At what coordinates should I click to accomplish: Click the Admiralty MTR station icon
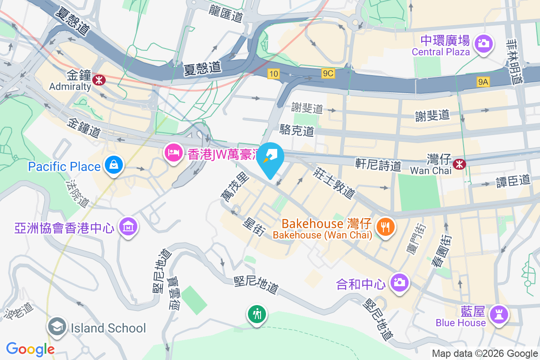pos(98,80)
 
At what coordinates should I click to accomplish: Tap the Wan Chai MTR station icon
pos(460,164)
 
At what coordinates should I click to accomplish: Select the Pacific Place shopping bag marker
pos(114,165)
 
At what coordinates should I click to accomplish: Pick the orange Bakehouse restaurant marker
pos(385,226)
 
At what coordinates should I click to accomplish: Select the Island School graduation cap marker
pos(57,328)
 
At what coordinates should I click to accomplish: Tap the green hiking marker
pos(257,314)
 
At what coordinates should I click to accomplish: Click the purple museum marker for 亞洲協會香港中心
pos(129,228)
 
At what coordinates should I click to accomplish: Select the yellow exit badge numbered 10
pos(273,74)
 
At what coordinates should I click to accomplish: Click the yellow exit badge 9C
pos(328,73)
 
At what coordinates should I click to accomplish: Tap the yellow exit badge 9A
pos(483,81)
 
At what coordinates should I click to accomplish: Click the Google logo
pos(30,349)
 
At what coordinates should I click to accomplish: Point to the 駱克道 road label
pos(297,131)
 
